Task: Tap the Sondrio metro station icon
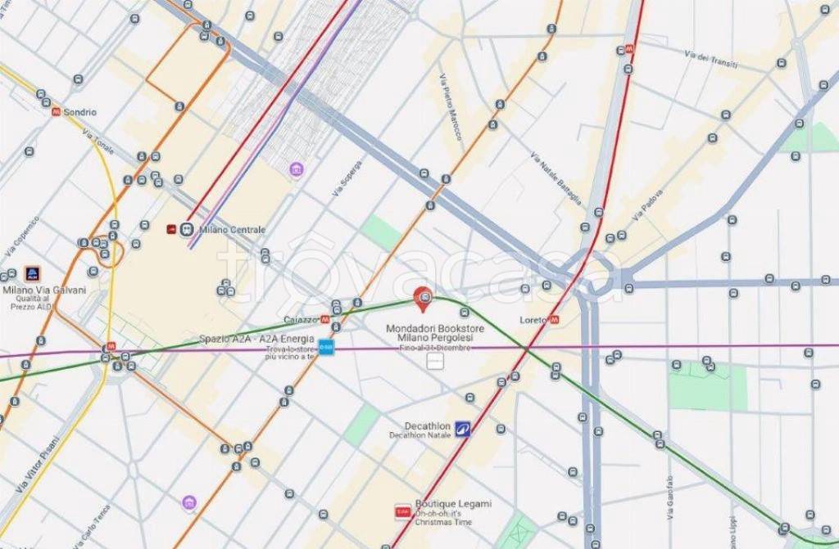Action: tap(56, 112)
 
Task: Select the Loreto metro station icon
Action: tap(555, 320)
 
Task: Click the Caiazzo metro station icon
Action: tap(326, 319)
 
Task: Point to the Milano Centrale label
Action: tap(232, 230)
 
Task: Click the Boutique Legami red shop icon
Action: tap(402, 511)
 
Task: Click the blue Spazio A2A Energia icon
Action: tap(326, 347)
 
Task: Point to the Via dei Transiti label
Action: tap(712, 60)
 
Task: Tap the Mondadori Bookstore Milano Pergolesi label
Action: tap(434, 333)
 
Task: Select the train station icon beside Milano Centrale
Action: tap(187, 230)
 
